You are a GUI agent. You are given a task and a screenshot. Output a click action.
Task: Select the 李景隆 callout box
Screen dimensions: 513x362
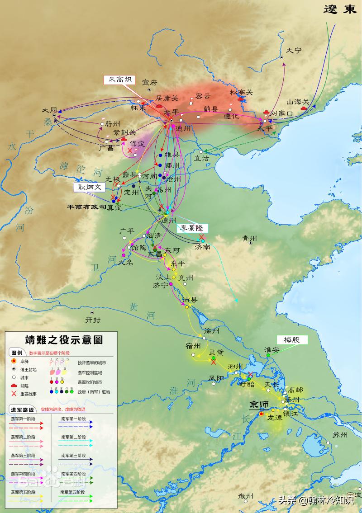coord(193,228)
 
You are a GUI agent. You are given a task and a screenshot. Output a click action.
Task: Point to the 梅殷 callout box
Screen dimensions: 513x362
coord(292,340)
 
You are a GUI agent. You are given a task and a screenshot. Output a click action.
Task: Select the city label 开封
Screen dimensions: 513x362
coord(93,320)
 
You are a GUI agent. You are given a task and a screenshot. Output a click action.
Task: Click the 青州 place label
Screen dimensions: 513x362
coord(249,238)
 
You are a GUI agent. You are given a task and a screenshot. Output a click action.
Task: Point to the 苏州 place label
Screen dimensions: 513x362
coord(340,435)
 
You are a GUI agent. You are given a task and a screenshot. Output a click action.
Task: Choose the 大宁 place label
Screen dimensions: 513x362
coord(294,50)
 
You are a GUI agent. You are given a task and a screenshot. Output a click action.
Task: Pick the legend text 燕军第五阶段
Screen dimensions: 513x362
coord(23,491)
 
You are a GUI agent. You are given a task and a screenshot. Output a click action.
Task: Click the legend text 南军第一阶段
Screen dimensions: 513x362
coord(73,419)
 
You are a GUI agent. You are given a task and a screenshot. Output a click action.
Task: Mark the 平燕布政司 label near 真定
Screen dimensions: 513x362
coord(87,207)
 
